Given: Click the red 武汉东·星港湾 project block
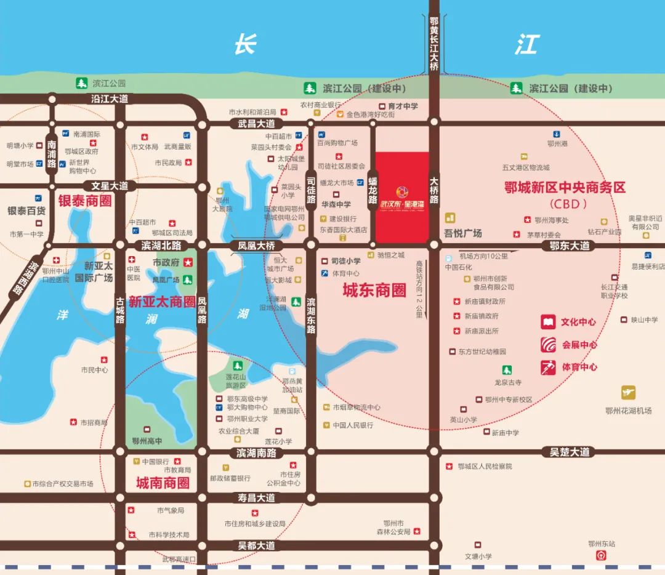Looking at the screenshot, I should click(x=402, y=197).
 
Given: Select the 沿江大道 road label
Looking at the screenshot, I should click(x=109, y=99).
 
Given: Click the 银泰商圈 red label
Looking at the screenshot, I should click(x=85, y=201).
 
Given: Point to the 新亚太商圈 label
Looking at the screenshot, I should click(x=162, y=302).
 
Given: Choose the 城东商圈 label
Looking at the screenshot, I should click(x=374, y=291).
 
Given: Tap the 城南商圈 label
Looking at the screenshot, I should click(x=163, y=483).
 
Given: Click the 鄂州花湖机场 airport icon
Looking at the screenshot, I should click(x=628, y=393).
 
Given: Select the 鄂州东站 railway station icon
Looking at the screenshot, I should click(x=601, y=555).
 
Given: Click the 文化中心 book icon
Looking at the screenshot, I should click(x=548, y=322).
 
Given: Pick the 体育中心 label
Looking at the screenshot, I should click(x=579, y=368).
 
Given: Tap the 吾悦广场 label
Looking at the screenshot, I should click(x=463, y=233).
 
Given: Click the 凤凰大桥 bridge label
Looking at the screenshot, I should click(x=257, y=246).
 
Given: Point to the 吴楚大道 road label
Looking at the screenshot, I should click(x=570, y=452).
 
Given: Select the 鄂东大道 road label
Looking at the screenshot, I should click(x=570, y=246).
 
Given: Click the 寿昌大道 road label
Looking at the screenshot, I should click(x=257, y=497).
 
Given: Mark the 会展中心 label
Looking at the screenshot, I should click(x=579, y=345).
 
